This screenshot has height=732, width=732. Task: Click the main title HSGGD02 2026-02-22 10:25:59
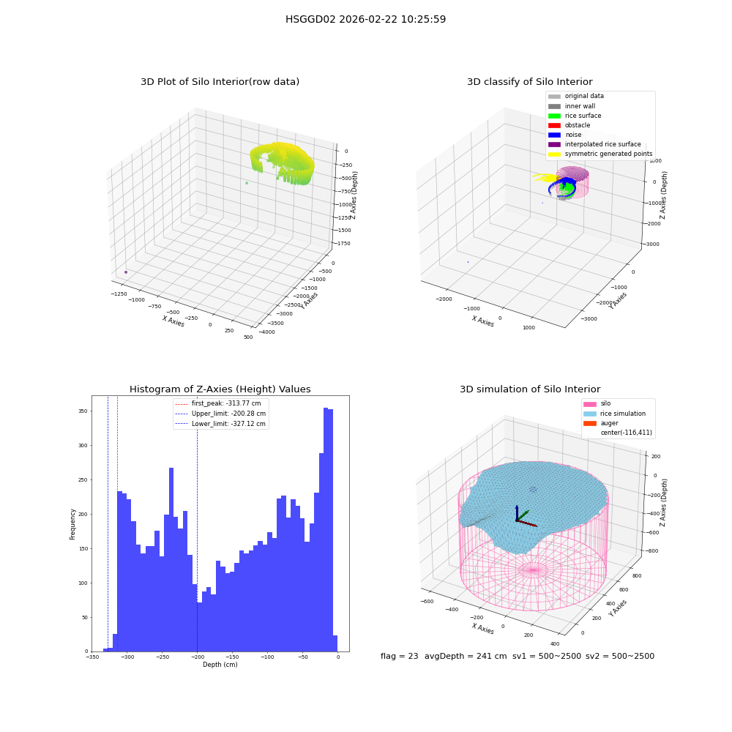point(365,19)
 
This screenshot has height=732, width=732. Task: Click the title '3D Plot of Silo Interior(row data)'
point(220,82)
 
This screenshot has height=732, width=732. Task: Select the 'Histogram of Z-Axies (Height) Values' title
point(220,389)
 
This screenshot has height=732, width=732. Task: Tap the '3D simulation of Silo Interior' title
point(530,389)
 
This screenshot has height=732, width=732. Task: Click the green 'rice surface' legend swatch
point(554,116)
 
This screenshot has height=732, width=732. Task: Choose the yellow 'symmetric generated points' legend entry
point(600,154)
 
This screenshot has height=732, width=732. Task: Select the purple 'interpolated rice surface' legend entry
point(594,144)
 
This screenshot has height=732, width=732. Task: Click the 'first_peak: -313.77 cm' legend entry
point(218,403)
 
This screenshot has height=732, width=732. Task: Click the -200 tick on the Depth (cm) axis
point(196,657)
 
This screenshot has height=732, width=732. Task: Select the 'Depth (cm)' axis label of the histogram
point(220,665)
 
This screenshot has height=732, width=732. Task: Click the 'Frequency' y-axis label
point(72,524)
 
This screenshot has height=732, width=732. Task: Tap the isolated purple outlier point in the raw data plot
point(126,272)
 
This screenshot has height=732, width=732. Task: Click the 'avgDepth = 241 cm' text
point(466,656)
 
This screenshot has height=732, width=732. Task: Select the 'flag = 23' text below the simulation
point(399,656)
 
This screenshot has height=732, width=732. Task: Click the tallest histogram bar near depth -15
point(326,529)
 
